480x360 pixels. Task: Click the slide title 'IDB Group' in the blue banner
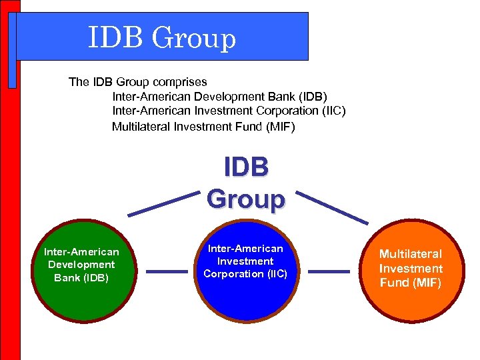pos(162,38)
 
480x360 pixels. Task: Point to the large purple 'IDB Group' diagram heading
pos(246,183)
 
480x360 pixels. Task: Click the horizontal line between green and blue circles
pos(166,271)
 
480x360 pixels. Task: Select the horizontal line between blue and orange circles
pos(329,271)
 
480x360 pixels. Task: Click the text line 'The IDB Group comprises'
pos(138,82)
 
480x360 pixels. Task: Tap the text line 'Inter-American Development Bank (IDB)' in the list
pos(220,97)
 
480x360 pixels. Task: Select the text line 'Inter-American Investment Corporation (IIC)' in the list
pos(229,111)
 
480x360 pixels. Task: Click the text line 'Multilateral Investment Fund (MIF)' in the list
pos(203,126)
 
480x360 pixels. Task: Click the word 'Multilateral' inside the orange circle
pos(411,254)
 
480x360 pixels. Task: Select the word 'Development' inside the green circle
pos(81,265)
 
